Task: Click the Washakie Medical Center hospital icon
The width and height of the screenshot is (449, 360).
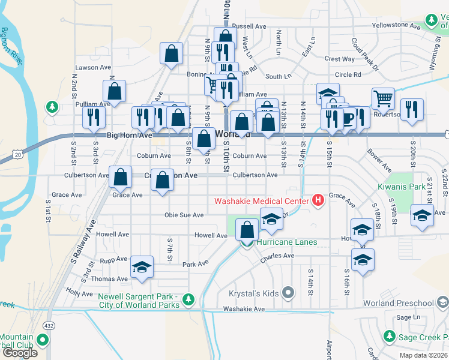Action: tap(318, 199)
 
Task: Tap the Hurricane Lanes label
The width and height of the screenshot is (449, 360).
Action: tap(286, 242)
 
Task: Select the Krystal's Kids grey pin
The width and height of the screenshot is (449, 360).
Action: tap(288, 293)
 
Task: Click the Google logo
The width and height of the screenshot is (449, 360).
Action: tap(19, 353)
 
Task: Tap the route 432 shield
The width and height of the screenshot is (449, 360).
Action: tap(47, 325)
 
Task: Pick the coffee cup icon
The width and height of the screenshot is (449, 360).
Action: tap(348, 116)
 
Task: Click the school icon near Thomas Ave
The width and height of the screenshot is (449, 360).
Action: tap(142, 267)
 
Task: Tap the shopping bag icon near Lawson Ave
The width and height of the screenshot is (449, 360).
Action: tap(172, 53)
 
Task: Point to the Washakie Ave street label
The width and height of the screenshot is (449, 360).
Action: tap(244, 309)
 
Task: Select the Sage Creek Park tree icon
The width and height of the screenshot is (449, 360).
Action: tap(389, 336)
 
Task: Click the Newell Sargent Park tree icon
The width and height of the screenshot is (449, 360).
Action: tap(188, 298)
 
